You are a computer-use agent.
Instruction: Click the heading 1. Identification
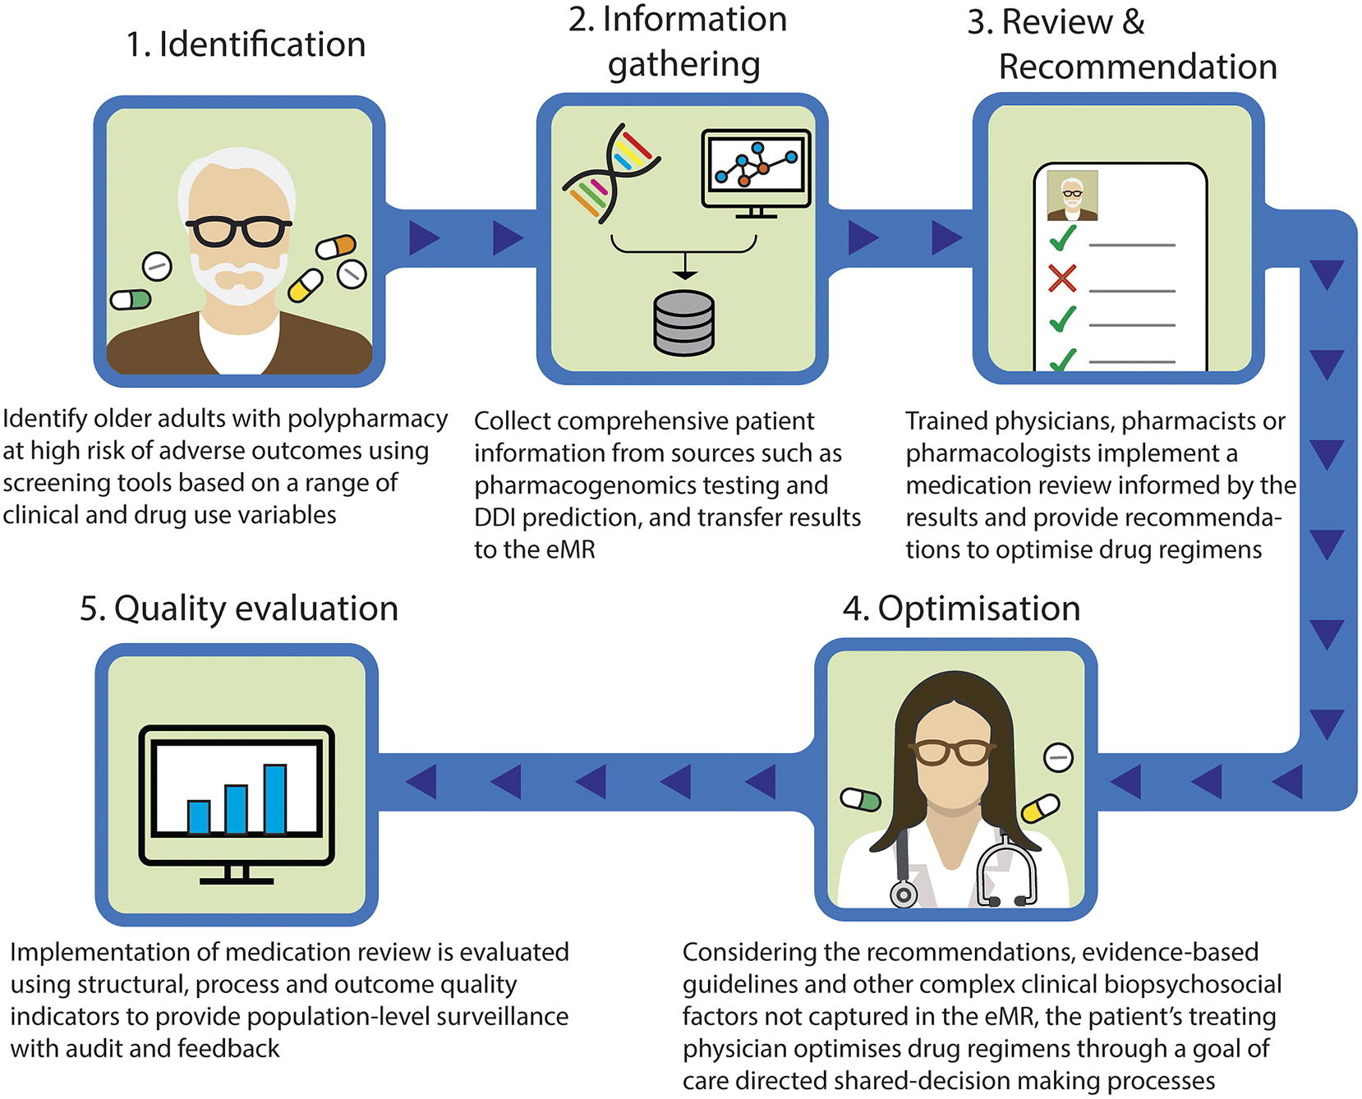click(x=245, y=44)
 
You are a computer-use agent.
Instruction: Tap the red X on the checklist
click(x=1062, y=278)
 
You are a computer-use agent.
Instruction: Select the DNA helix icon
click(x=611, y=173)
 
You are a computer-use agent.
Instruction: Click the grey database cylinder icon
click(x=683, y=323)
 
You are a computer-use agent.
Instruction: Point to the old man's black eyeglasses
click(x=238, y=232)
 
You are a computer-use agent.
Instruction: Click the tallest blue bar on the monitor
click(x=275, y=798)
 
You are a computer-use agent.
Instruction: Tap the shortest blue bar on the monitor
click(x=199, y=816)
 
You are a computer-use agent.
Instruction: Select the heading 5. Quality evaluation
click(x=238, y=609)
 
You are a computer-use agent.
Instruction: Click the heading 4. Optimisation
click(x=961, y=609)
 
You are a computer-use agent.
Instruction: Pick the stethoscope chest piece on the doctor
click(x=904, y=894)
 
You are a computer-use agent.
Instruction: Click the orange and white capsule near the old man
click(x=336, y=246)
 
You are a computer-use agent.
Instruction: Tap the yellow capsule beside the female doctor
click(x=1040, y=808)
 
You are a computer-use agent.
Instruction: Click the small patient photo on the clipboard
click(x=1072, y=195)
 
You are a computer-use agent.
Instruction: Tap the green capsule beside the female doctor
click(x=861, y=799)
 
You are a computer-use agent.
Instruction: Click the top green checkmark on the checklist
click(x=1063, y=238)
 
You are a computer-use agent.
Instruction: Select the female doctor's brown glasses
click(x=951, y=751)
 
